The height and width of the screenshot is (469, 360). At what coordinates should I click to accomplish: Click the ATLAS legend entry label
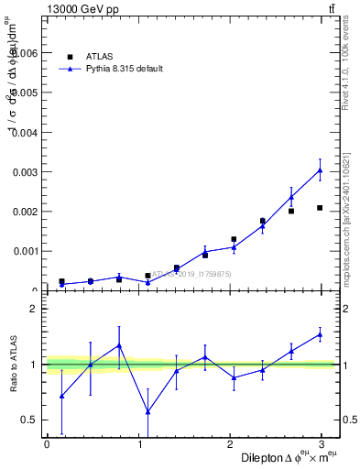[x=99, y=56]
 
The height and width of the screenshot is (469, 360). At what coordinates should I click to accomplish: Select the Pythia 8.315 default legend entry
[x=123, y=69]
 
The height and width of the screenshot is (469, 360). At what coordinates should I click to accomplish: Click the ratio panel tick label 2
[x=33, y=309]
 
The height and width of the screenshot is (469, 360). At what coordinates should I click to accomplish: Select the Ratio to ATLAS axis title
[x=13, y=365]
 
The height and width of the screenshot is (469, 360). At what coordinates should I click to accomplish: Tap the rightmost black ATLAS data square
[x=320, y=208]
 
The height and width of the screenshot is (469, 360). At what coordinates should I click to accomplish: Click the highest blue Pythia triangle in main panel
[x=320, y=169]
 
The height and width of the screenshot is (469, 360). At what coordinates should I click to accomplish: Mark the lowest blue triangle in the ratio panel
[x=147, y=411]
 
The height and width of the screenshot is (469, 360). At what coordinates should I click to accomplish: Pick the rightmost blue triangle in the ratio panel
[x=320, y=334]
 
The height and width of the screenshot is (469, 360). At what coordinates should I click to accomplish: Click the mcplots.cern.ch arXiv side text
[x=345, y=207]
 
